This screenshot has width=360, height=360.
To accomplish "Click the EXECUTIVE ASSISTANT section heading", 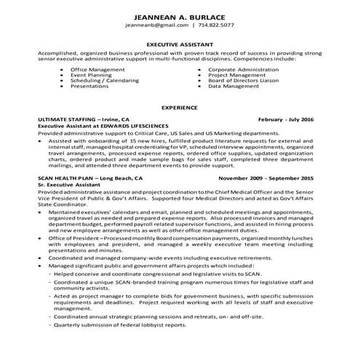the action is pyautogui.click(x=180, y=44).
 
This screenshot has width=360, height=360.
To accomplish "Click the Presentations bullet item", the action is pyautogui.click(x=93, y=86).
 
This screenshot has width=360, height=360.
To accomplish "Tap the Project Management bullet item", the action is pyautogui.click(x=233, y=74).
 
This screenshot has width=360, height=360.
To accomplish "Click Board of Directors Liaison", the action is pyautogui.click(x=241, y=80).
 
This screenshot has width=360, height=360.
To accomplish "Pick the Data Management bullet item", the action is pyautogui.click(x=230, y=86).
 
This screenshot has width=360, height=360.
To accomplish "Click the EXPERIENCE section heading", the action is pyautogui.click(x=180, y=107).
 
